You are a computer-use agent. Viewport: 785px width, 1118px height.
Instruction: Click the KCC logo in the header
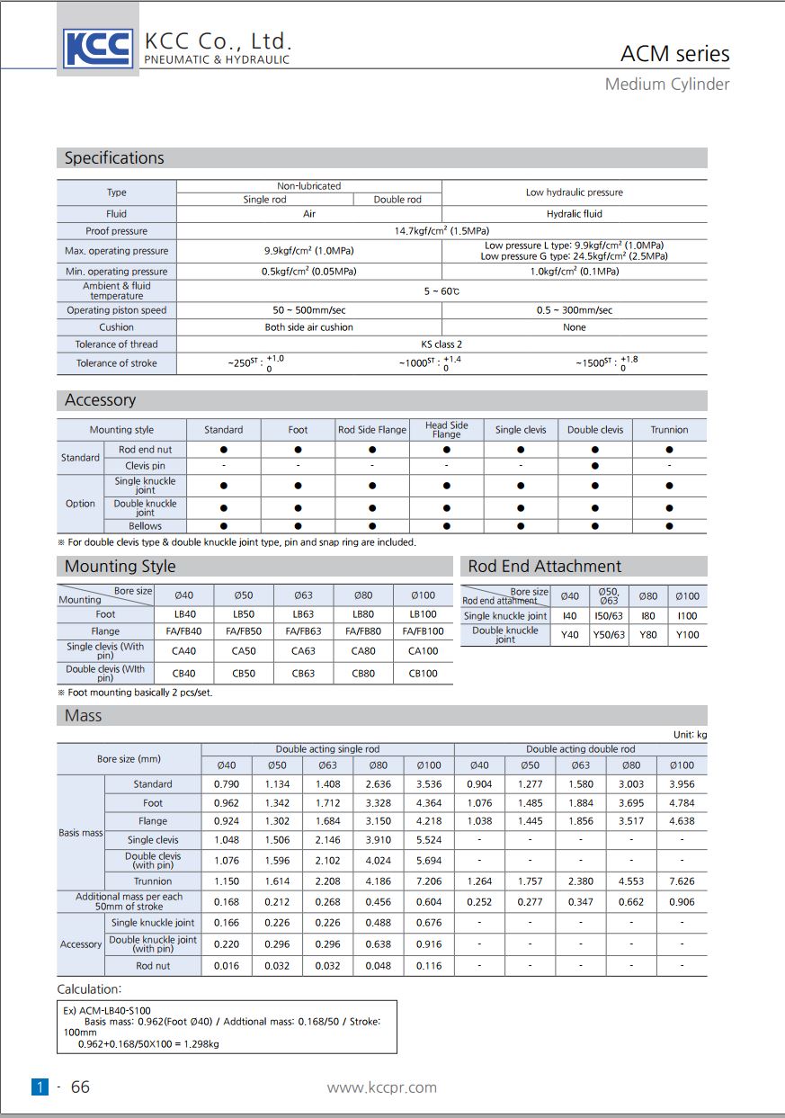pyautogui.click(x=98, y=49)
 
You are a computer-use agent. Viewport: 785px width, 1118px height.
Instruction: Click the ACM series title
pyautogui.click(x=674, y=54)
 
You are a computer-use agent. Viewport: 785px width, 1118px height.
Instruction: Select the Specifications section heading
pyautogui.click(x=114, y=158)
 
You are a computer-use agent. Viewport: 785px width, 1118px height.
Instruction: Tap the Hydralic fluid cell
pyautogui.click(x=574, y=214)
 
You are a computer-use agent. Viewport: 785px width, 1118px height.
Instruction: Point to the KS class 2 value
pyautogui.click(x=441, y=344)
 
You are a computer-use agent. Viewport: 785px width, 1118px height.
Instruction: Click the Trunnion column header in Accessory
pyautogui.click(x=669, y=430)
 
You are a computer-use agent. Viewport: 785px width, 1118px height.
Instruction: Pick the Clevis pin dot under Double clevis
pyautogui.click(x=594, y=466)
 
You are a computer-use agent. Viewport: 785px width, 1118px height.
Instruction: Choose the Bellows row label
pyautogui.click(x=145, y=526)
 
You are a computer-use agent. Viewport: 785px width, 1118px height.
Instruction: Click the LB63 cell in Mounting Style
pyautogui.click(x=303, y=614)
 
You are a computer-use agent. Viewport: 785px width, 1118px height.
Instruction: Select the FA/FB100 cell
pyautogui.click(x=423, y=631)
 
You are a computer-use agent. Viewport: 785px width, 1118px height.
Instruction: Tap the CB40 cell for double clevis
pyautogui.click(x=183, y=673)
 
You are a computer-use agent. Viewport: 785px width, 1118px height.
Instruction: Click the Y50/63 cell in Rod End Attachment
pyautogui.click(x=609, y=635)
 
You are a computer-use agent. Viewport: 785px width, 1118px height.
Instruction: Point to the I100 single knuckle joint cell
pyautogui.click(x=687, y=616)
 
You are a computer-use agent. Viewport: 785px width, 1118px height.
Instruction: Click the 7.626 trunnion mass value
pyautogui.click(x=682, y=881)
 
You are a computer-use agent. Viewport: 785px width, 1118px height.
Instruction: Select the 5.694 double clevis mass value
pyautogui.click(x=429, y=861)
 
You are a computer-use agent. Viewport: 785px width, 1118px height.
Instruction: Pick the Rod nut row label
pyautogui.click(x=153, y=966)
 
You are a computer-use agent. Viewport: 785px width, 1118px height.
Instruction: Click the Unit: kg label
pyautogui.click(x=690, y=735)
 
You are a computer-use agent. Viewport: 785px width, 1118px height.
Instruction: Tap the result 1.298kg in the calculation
pyautogui.click(x=201, y=1044)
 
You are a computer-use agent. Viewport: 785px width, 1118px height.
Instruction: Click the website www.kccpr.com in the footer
pyautogui.click(x=381, y=1087)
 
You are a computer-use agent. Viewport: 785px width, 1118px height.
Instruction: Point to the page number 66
pyautogui.click(x=80, y=1087)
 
